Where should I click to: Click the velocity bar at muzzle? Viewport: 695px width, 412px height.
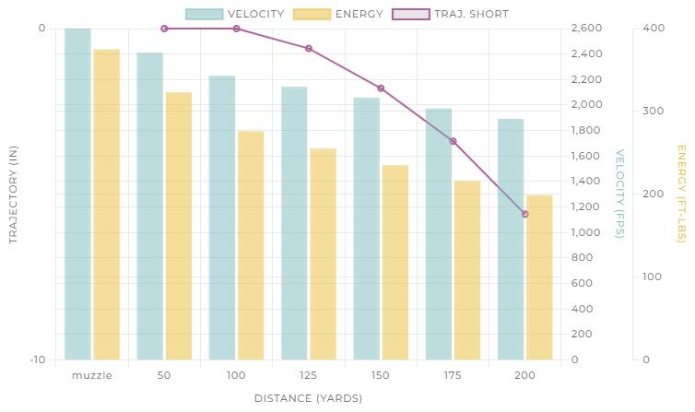pos(77,194)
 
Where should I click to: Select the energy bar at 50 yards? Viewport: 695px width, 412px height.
pos(179,226)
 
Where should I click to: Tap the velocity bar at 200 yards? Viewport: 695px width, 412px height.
pos(511,239)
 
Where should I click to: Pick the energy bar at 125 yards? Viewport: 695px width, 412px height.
pos(323,253)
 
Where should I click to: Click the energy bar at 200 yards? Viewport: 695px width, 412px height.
pos(539,277)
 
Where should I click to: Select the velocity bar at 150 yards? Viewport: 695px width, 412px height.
pos(366,229)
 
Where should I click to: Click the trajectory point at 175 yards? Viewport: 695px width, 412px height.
pos(453,141)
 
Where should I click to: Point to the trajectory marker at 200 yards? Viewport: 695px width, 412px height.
pos(525,214)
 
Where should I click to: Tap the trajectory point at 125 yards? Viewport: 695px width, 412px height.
pos(309,48)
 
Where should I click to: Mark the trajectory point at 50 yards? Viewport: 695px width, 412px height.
pos(164,29)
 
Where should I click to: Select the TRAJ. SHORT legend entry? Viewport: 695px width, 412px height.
pos(450,14)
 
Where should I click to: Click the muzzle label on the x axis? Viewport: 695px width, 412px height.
pos(91,376)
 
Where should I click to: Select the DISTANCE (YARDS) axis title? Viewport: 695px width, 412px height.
pos(308,398)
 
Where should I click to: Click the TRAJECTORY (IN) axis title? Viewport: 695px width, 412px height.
pos(13,194)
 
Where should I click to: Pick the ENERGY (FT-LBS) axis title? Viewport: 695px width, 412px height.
pos(682,194)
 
